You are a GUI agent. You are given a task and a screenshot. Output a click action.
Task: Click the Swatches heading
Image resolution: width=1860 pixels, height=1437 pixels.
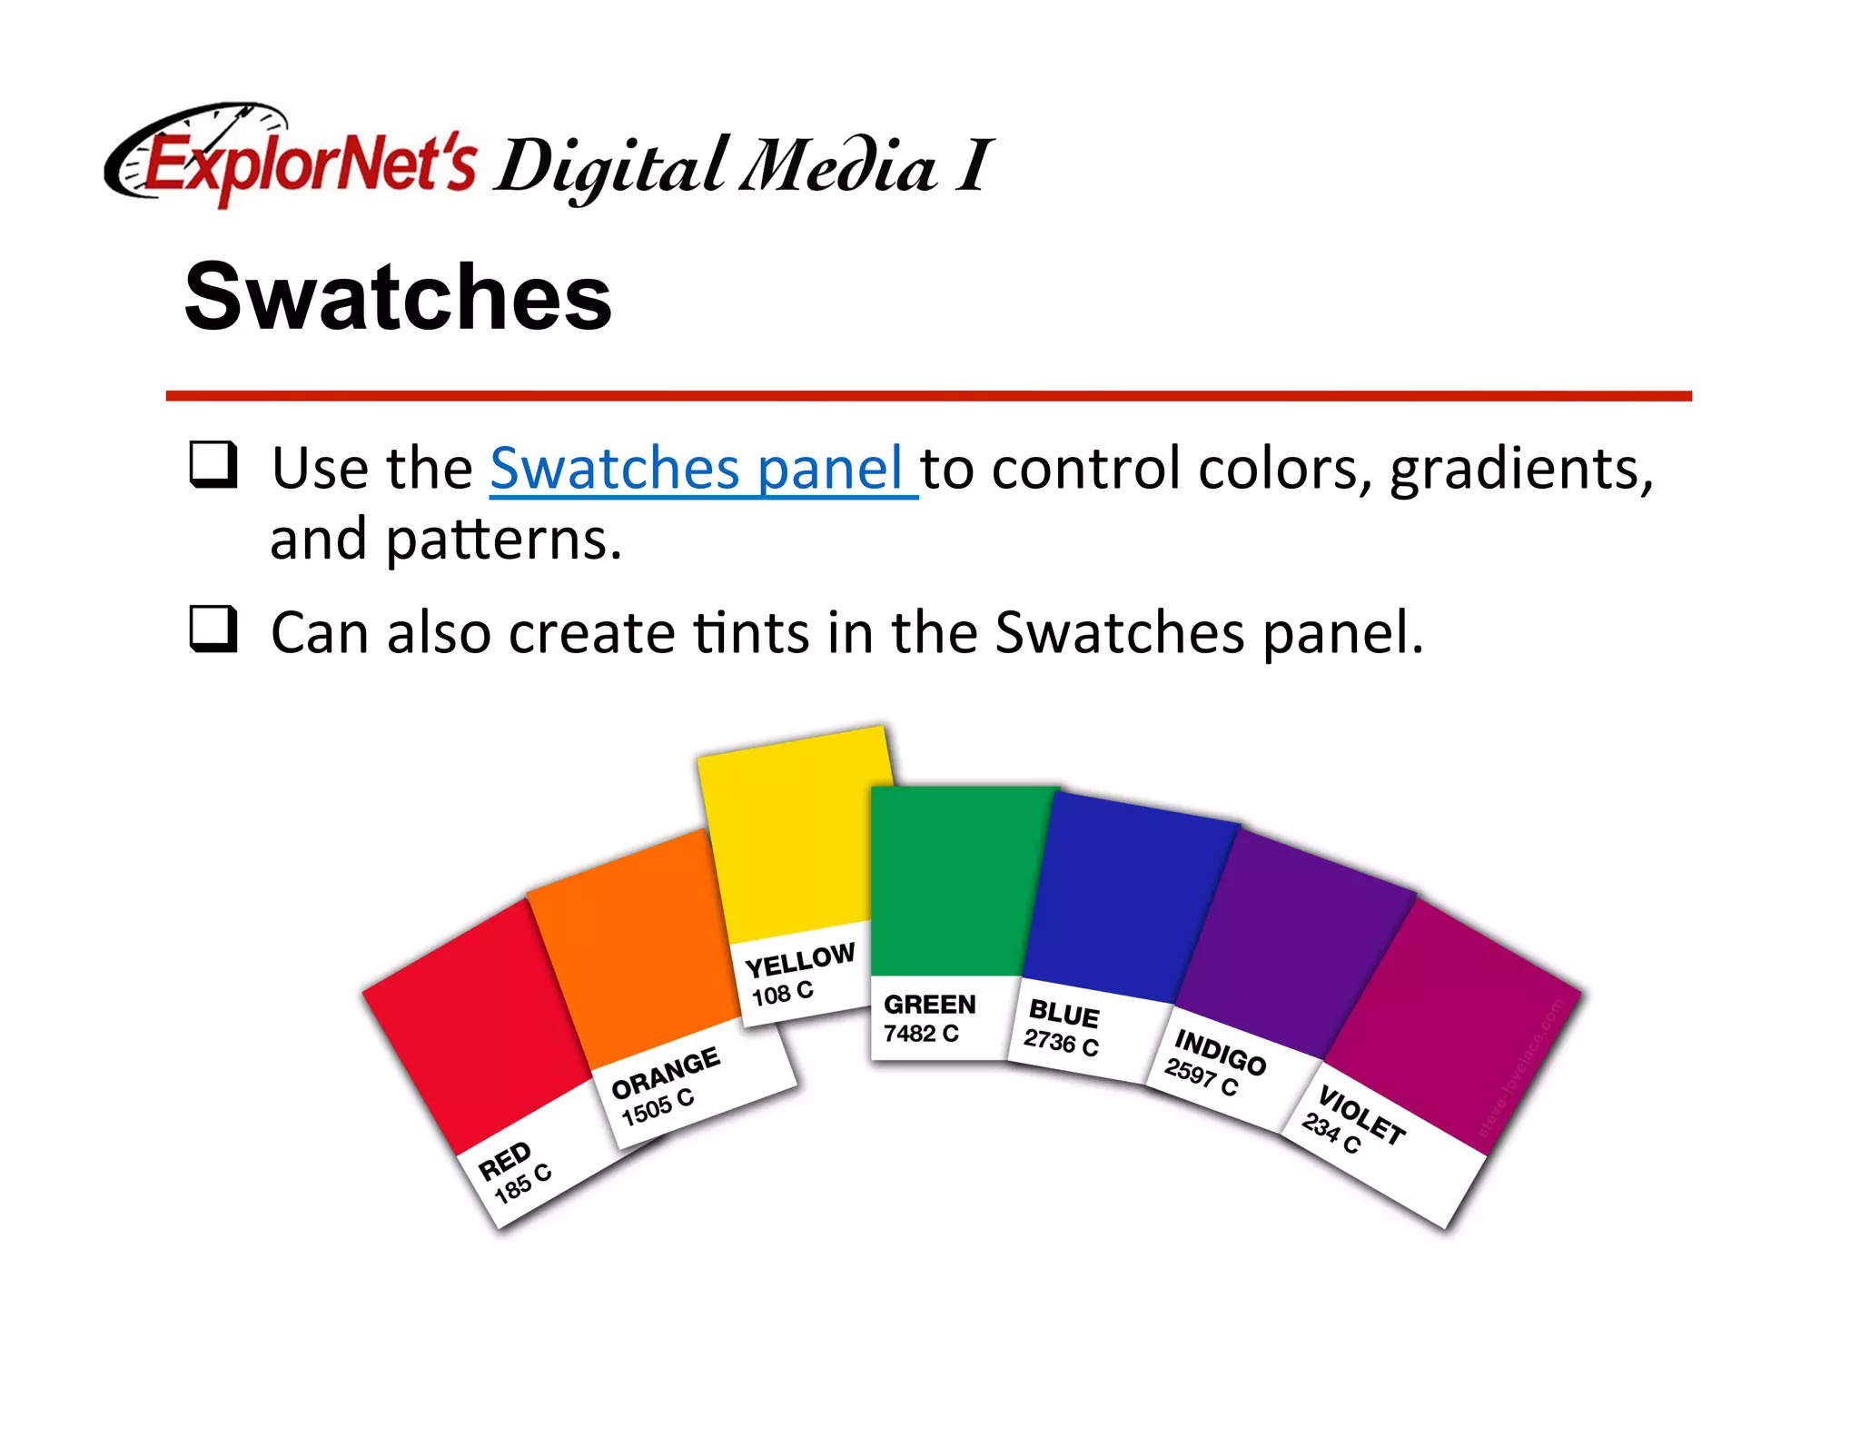[x=398, y=296]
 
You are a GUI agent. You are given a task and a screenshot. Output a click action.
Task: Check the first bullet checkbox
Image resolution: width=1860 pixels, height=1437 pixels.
[x=213, y=464]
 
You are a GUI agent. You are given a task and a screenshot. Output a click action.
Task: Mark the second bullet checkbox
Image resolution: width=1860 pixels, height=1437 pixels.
[x=213, y=629]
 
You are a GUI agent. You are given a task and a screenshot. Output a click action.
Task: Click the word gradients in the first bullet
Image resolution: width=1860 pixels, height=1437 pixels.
[x=1521, y=471]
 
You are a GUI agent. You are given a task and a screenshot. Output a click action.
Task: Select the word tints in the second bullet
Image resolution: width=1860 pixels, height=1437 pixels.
[x=750, y=632]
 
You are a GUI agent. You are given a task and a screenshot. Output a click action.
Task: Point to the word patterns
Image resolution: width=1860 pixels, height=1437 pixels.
[x=504, y=540]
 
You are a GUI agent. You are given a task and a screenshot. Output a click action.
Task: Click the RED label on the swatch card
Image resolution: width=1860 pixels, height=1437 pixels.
[x=505, y=1160]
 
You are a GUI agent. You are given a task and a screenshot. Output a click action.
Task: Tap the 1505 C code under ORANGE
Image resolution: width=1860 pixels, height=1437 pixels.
[x=658, y=1107]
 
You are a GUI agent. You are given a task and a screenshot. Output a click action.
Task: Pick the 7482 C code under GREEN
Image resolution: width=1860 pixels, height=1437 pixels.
[x=921, y=1034]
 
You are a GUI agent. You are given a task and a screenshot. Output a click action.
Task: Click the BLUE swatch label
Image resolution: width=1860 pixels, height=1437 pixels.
[x=1064, y=1013]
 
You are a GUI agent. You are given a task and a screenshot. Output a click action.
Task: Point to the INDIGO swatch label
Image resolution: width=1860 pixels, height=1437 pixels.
[x=1220, y=1051]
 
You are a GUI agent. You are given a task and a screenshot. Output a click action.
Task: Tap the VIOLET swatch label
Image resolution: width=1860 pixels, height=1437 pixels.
[x=1361, y=1115]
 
